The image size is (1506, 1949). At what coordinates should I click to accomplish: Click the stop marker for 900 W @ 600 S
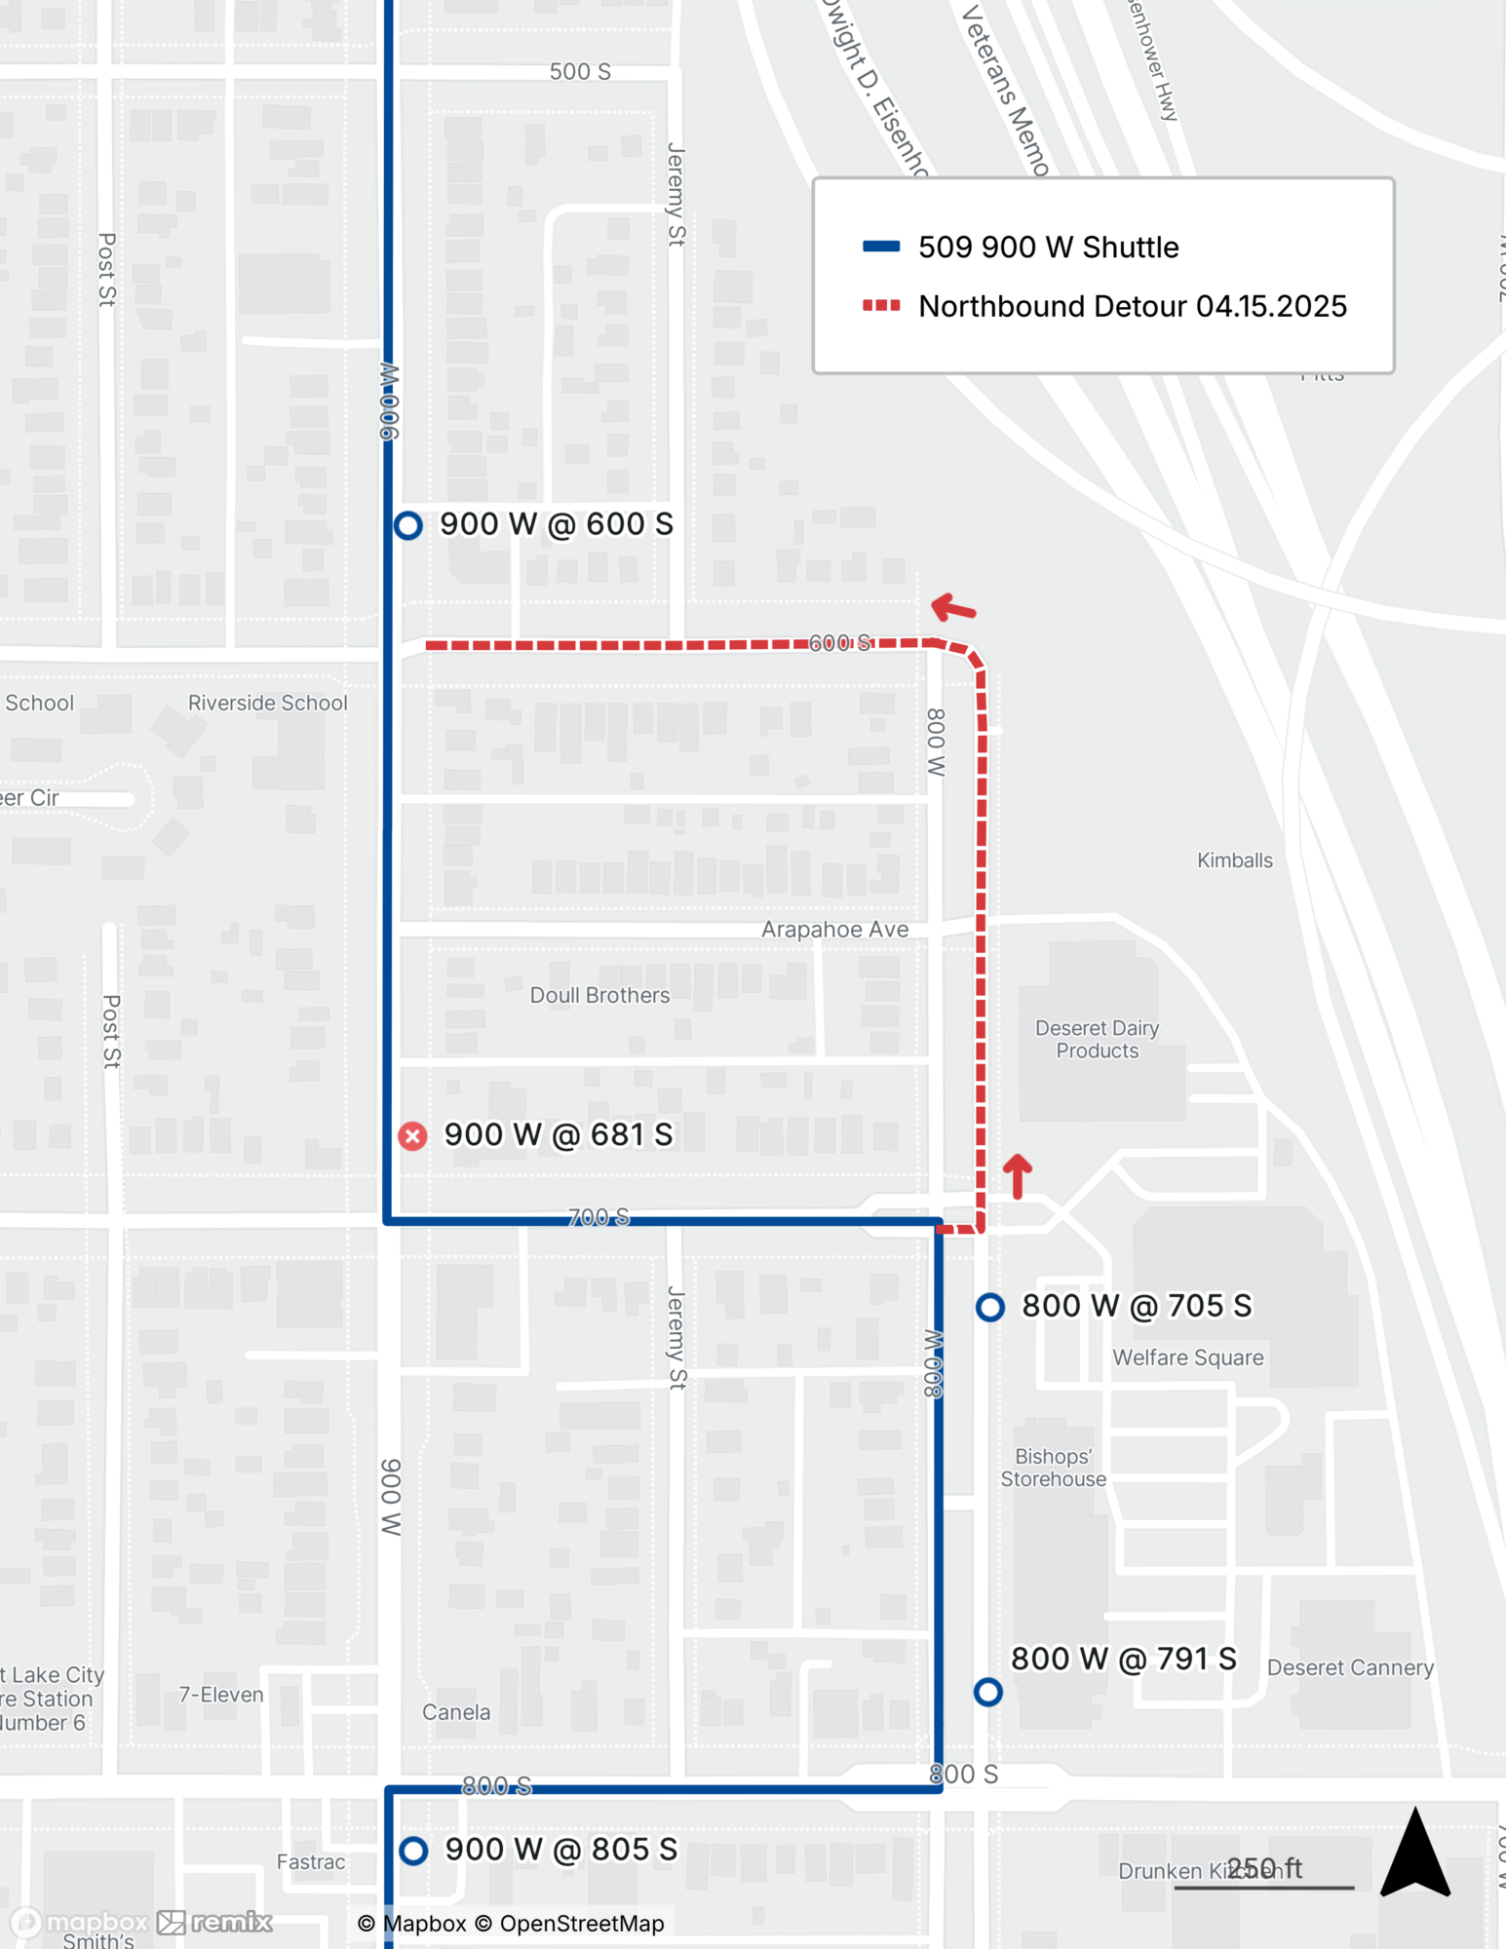click(408, 525)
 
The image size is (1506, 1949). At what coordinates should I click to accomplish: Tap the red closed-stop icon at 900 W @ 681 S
click(412, 1135)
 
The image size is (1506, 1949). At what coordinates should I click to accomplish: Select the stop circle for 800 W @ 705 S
click(990, 1307)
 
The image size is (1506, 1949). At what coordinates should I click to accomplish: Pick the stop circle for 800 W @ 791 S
click(988, 1692)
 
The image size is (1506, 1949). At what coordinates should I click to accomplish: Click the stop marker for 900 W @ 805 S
click(413, 1850)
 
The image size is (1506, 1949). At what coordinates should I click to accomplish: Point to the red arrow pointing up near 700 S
click(1018, 1175)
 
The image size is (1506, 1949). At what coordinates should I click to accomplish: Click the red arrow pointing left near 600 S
click(953, 609)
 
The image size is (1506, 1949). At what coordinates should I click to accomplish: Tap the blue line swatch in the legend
click(881, 247)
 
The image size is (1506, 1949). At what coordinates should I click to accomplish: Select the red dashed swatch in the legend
click(881, 306)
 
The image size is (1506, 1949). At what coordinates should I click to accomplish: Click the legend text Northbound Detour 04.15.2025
click(1133, 306)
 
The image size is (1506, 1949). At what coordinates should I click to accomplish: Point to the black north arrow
click(1416, 1853)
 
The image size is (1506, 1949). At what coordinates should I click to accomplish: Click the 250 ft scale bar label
click(1264, 1868)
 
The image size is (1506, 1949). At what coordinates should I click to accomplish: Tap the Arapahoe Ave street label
click(834, 930)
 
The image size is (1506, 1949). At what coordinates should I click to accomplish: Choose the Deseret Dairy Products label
click(1097, 1039)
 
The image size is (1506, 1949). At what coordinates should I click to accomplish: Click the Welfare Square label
click(1187, 1357)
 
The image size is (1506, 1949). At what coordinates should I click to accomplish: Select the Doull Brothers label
click(599, 995)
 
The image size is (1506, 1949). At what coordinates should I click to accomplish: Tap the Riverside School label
click(267, 703)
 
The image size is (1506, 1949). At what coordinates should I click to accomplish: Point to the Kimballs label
click(1234, 860)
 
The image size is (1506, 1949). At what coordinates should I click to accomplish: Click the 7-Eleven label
click(221, 1695)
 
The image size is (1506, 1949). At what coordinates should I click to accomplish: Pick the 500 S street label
click(580, 71)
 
